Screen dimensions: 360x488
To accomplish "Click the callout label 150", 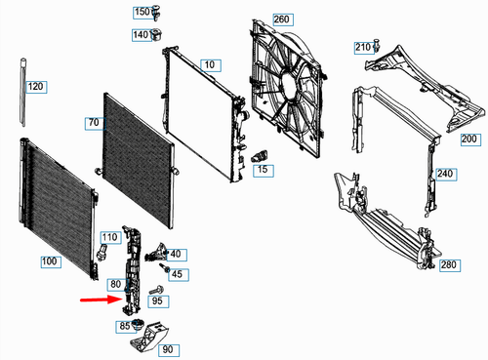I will [142, 13].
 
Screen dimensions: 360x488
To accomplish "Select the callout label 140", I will [142, 35].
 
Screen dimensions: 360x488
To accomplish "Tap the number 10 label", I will [209, 64].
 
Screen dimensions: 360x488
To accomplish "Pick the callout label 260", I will [255, 20].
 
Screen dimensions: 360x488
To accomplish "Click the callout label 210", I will [362, 47].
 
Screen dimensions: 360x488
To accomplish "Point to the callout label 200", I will [469, 140].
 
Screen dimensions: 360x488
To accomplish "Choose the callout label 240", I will [447, 175].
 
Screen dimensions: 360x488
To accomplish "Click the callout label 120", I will [35, 88].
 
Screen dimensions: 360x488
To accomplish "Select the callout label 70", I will [94, 123].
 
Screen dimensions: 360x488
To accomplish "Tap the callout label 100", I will [49, 261].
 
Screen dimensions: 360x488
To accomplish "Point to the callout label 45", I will [177, 273].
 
